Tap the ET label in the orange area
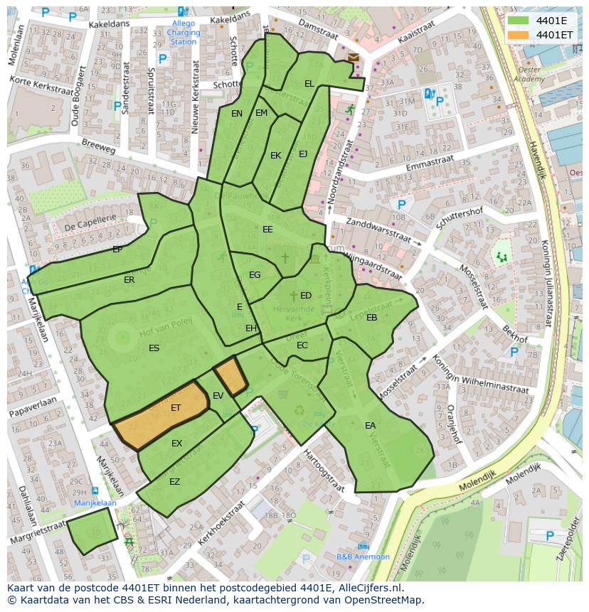coord(176,408)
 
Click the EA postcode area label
coord(370,426)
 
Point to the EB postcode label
coord(371,318)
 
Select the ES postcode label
coord(154,348)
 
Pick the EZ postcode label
coord(174,482)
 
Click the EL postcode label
coord(309,84)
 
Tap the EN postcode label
coord(237,114)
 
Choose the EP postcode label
coord(117,249)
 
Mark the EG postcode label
coord(255,275)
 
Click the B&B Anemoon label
coord(363,557)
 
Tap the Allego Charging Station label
coord(184,33)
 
